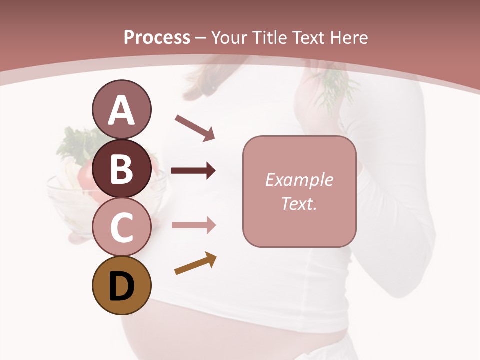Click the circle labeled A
pyautogui.click(x=121, y=110)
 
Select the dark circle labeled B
pyautogui.click(x=121, y=168)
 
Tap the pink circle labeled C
pyautogui.click(x=121, y=227)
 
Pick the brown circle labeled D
pyautogui.click(x=121, y=286)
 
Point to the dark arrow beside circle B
pyautogui.click(x=193, y=171)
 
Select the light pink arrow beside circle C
pyautogui.click(x=193, y=225)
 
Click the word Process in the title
pyautogui.click(x=157, y=38)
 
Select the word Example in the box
pyautogui.click(x=299, y=180)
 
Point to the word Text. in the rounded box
pyautogui.click(x=299, y=203)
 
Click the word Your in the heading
pyautogui.click(x=229, y=38)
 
